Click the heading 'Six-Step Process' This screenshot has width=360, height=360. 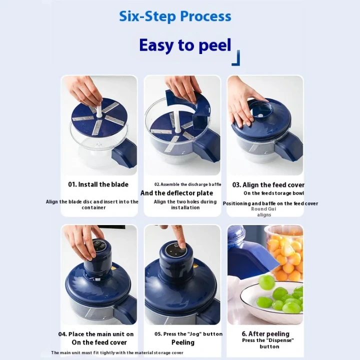point(175,16)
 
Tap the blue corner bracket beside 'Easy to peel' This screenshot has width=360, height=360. point(236,58)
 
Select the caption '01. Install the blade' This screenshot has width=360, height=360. point(98,184)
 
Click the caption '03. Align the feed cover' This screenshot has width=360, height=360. point(268,184)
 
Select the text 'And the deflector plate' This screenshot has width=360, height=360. point(176,193)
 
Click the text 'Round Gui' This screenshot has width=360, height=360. point(263,209)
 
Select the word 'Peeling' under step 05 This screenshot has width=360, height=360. point(183,342)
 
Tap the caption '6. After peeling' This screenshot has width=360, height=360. point(265,333)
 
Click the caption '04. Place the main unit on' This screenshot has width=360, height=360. point(95,333)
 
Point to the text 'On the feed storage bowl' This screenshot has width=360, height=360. point(273,193)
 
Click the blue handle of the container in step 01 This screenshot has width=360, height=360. point(125,152)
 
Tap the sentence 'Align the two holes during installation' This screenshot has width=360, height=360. point(185,204)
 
